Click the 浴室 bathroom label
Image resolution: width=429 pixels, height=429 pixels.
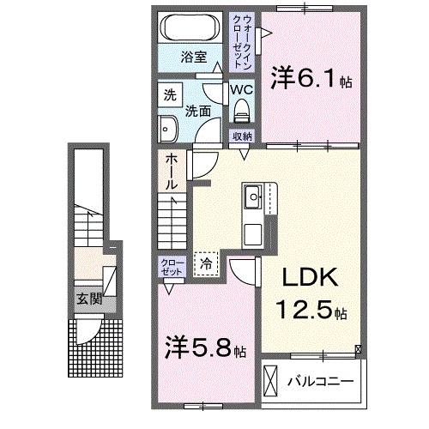[193, 57]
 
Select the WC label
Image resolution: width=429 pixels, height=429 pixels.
[240, 88]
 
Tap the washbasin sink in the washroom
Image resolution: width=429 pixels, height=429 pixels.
[166, 129]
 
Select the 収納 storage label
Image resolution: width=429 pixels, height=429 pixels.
[242, 136]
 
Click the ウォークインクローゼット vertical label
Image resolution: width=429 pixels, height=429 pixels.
[246, 42]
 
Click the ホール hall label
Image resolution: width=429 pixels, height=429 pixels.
[172, 171]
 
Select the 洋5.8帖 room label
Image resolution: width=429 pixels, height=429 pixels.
[204, 350]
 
